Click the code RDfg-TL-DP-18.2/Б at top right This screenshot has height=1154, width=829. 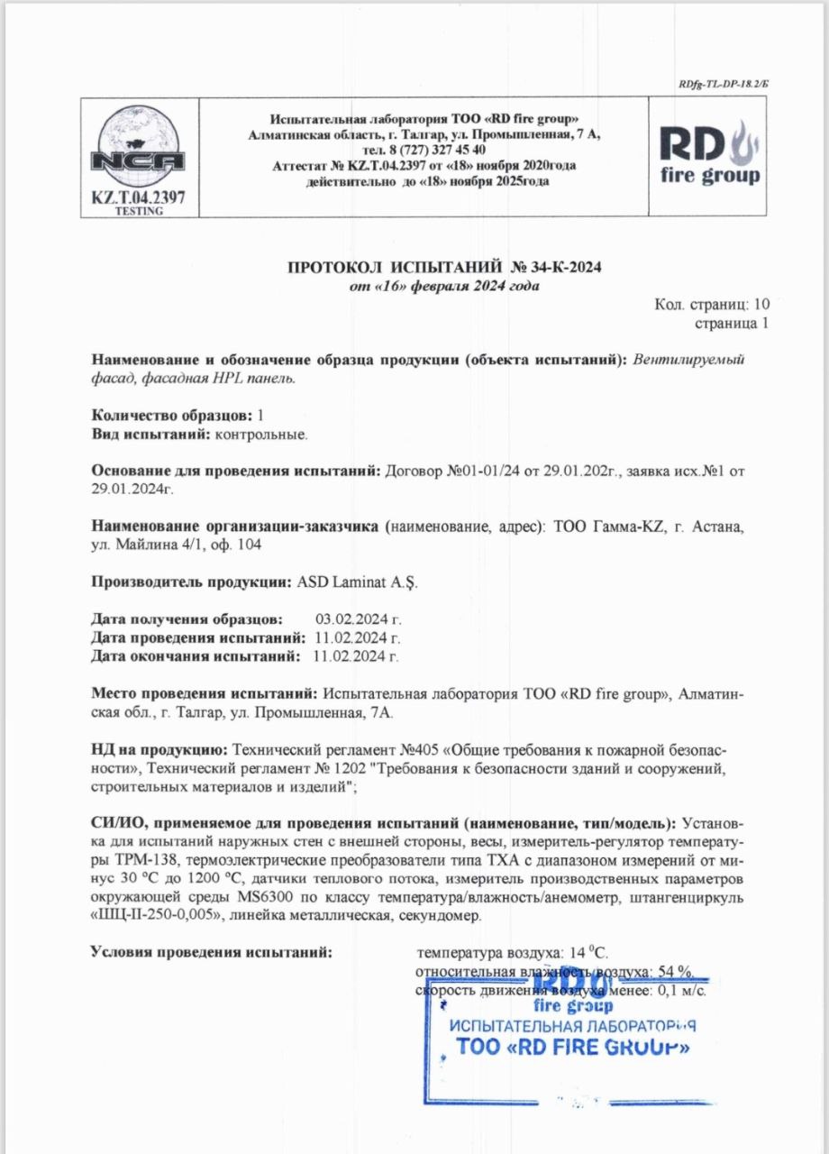(x=724, y=84)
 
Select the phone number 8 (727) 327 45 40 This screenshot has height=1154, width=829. (x=424, y=150)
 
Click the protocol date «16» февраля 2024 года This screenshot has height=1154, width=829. (x=444, y=287)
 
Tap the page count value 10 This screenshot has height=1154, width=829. (x=761, y=305)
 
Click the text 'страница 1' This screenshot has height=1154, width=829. (x=733, y=322)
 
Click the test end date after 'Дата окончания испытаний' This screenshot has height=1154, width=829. (x=354, y=655)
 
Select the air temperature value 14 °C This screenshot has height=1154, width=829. (x=591, y=951)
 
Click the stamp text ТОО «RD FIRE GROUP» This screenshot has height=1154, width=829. (x=572, y=1047)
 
